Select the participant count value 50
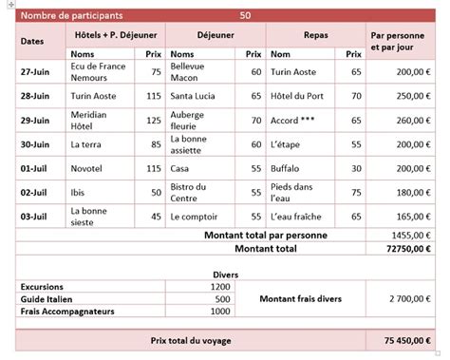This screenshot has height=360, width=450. tap(246, 16)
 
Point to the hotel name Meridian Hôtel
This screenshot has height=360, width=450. tap(91, 121)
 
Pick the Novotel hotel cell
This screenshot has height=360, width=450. tap(86, 168)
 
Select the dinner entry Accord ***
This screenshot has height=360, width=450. tap(293, 121)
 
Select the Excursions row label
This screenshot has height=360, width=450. tap(44, 286)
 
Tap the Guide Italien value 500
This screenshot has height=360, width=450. tap(220, 298)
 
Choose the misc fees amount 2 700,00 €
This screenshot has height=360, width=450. tap(408, 299)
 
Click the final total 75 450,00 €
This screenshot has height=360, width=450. tap(404, 340)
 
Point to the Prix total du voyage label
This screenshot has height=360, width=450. tap(191, 340)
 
